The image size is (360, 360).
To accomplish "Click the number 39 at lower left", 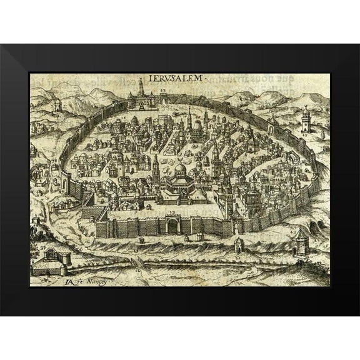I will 42,249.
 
